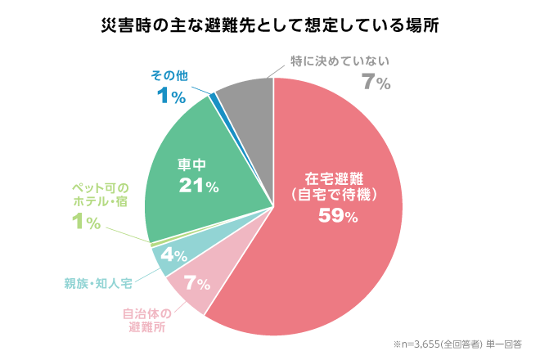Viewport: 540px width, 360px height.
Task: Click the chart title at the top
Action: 270,25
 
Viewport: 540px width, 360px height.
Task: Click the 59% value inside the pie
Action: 338,216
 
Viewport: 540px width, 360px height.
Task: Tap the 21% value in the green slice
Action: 199,186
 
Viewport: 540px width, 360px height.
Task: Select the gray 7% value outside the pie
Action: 376,83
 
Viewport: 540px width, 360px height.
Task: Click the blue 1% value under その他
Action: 171,96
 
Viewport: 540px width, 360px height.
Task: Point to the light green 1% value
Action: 86,222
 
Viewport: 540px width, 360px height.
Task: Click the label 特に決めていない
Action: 340,61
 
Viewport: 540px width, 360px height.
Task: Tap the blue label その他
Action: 169,76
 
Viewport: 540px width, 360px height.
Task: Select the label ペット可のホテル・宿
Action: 100,195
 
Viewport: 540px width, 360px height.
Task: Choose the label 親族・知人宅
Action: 98,284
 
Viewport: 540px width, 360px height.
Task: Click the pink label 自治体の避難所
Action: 147,321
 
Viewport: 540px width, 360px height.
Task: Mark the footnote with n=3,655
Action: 457,344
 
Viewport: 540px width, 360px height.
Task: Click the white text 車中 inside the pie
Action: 191,164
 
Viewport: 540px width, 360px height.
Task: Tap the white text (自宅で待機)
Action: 334,195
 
